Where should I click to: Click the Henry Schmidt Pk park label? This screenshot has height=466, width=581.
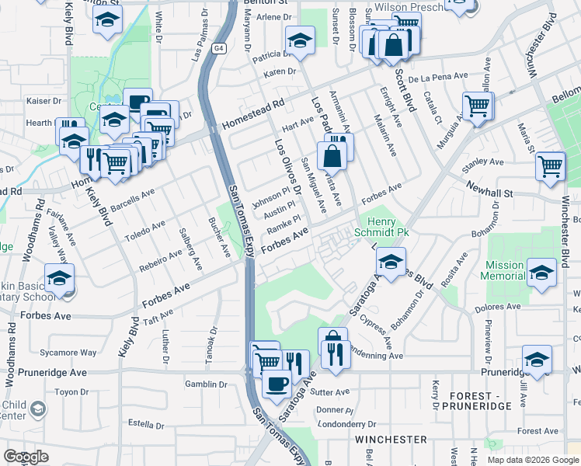point(382,227)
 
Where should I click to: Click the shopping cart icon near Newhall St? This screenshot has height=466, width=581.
point(551,165)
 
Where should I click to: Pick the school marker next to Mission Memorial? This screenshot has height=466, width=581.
point(541,273)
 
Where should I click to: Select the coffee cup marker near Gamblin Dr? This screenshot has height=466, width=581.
point(277,384)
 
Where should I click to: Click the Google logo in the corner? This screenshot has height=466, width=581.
point(26,457)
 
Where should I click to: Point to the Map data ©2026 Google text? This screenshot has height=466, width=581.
point(532,460)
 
